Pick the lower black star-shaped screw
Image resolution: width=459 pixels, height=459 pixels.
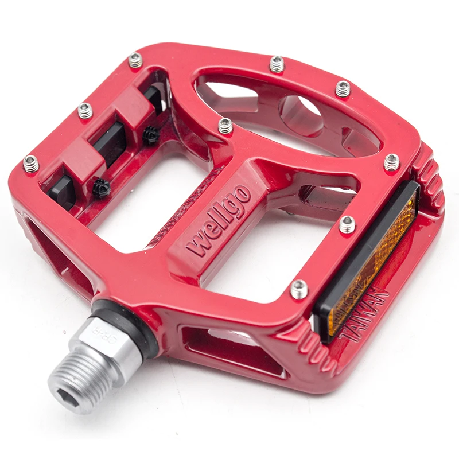pyautogui.click(x=102, y=189)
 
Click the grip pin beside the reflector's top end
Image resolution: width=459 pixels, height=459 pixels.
pyautogui.click(x=391, y=162)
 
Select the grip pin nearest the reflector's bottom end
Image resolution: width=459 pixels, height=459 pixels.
pyautogui.click(x=299, y=289)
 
